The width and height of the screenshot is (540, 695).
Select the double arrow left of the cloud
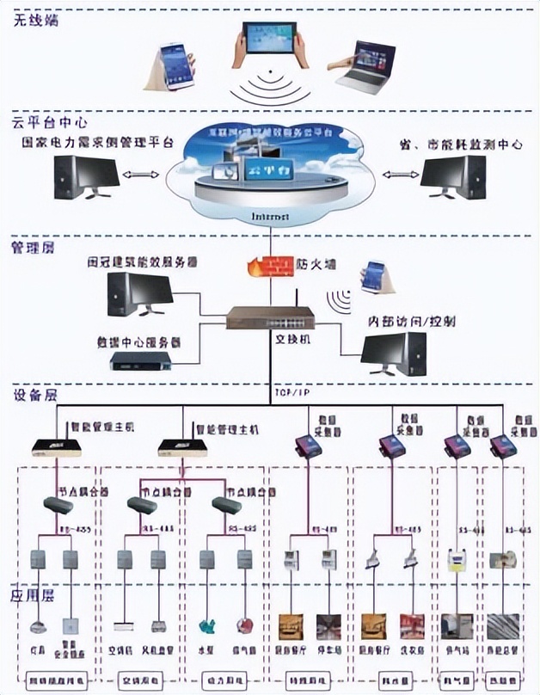pyautogui.click(x=140, y=175)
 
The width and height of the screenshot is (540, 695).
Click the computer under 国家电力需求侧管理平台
pyautogui.click(x=85, y=177)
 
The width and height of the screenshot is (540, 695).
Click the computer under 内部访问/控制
pyautogui.click(x=393, y=354)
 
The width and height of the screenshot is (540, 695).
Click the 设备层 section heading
pyautogui.click(x=32, y=396)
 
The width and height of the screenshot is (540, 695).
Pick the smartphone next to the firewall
pyautogui.click(x=374, y=276)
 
